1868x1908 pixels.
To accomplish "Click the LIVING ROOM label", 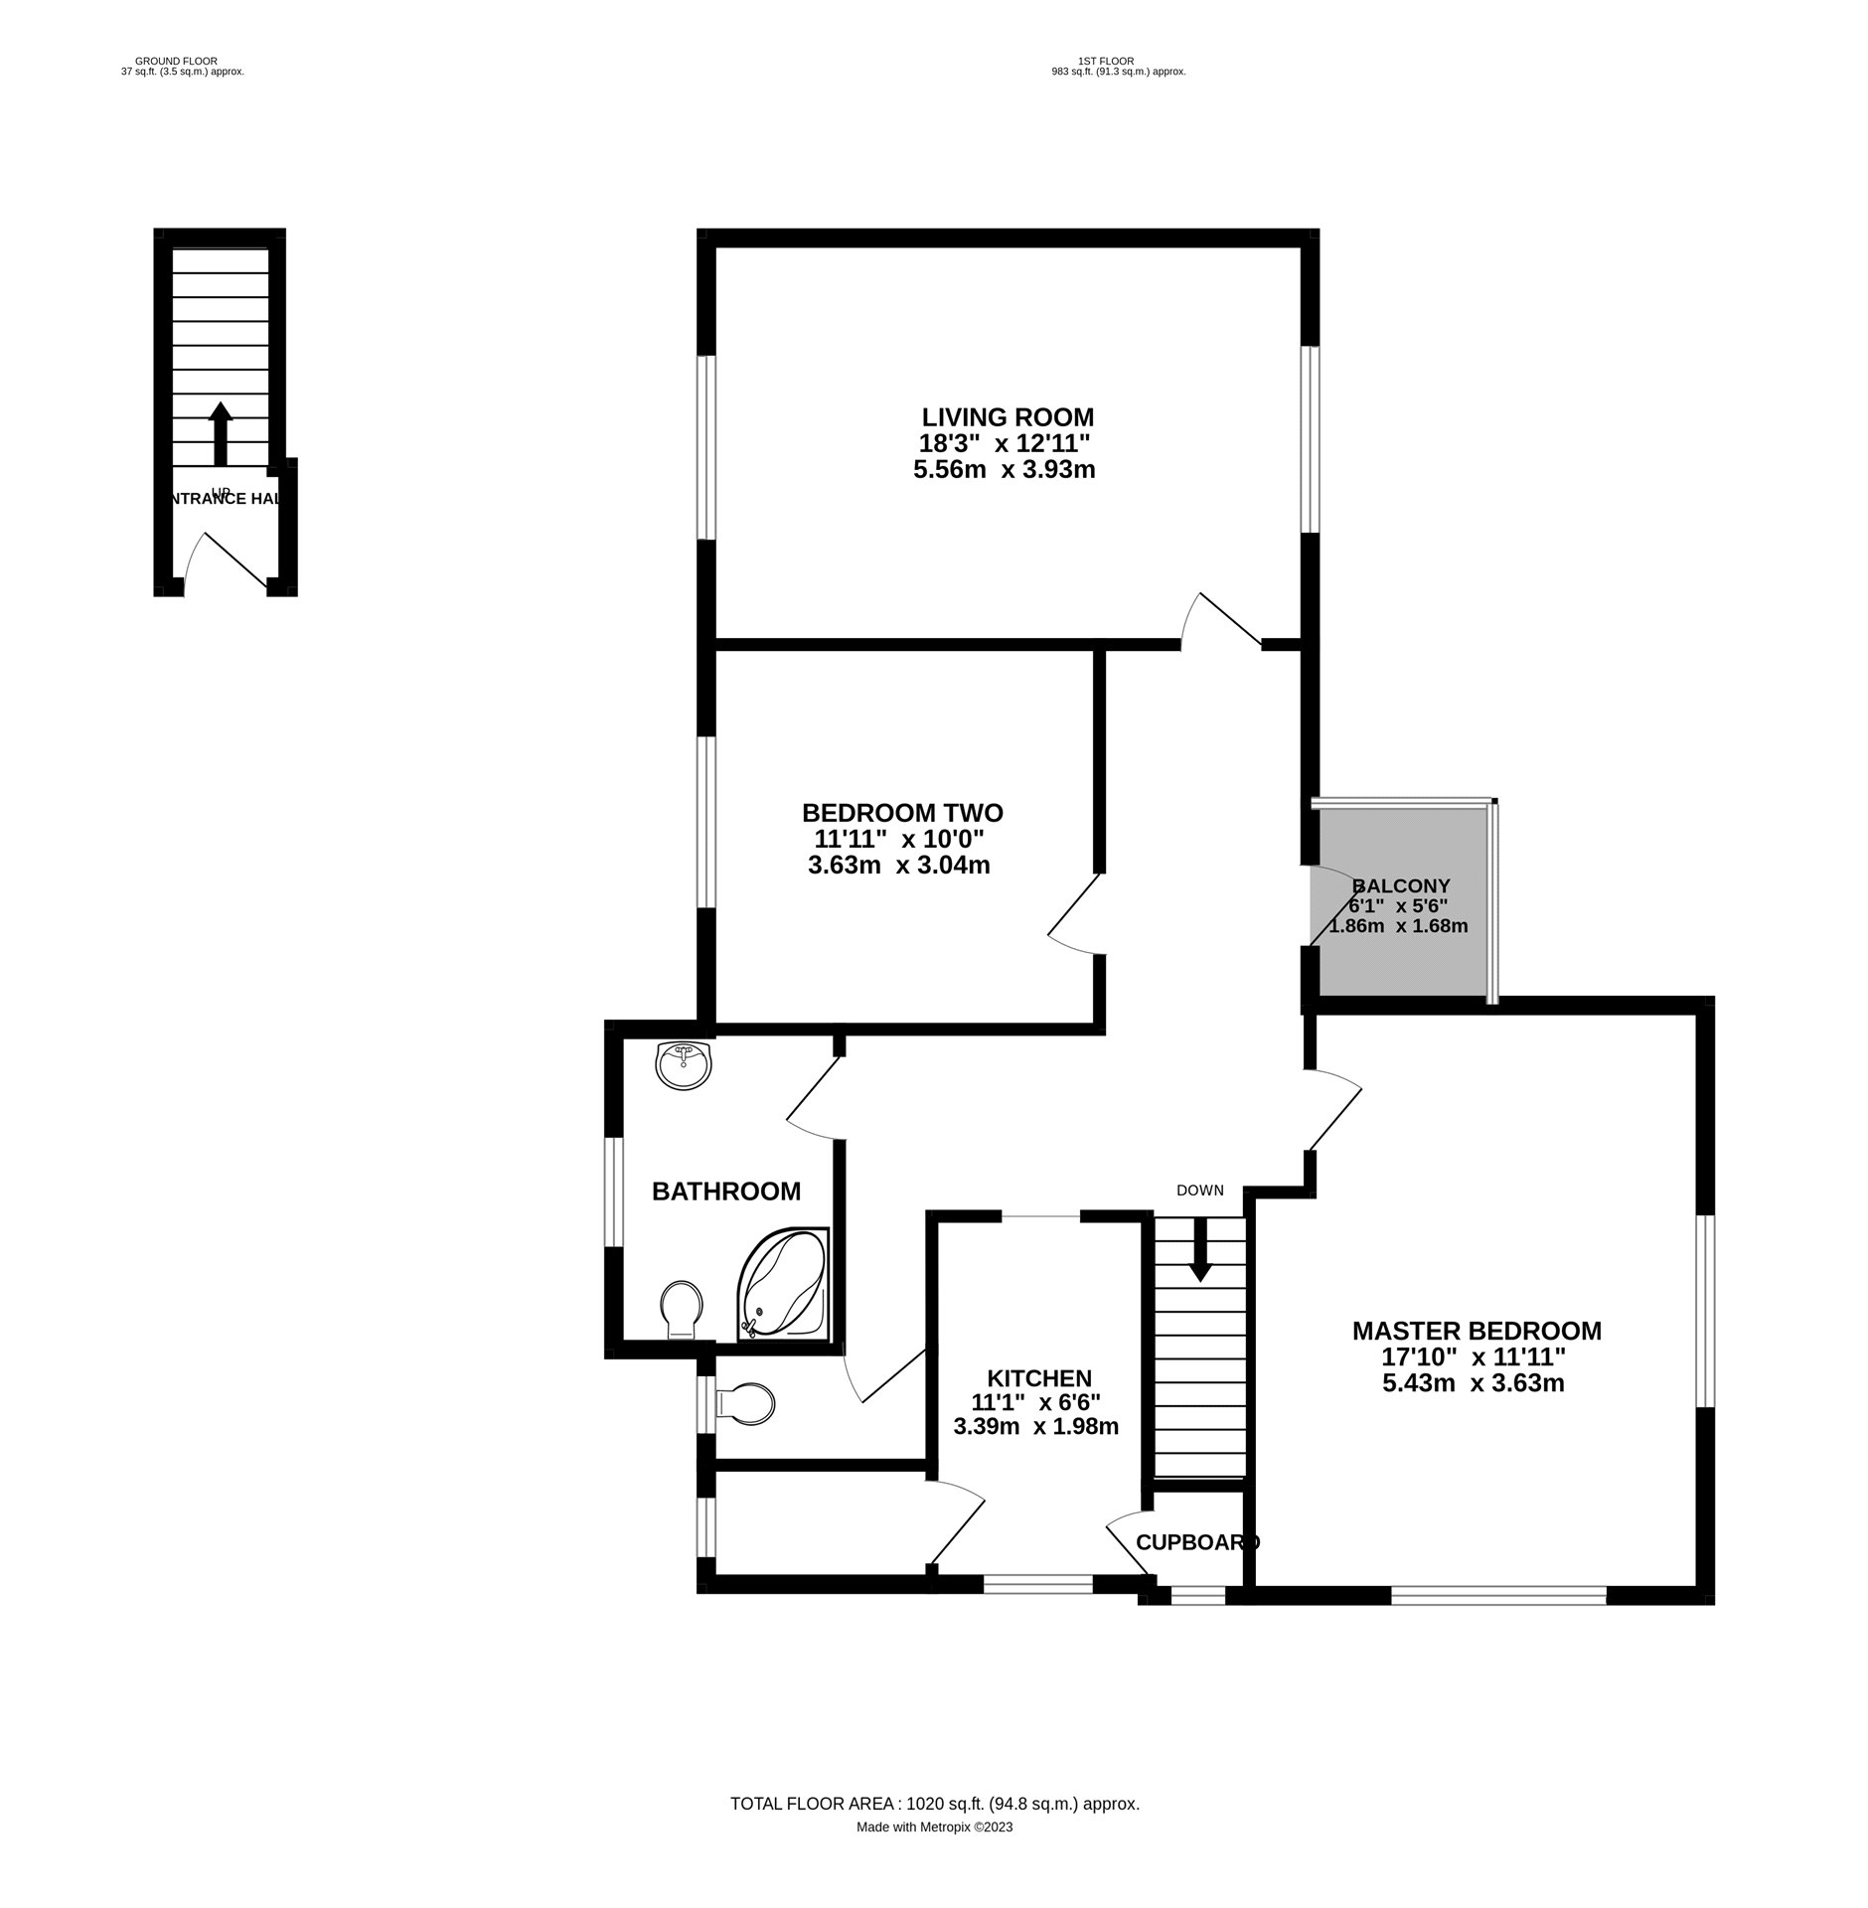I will [x=1007, y=416].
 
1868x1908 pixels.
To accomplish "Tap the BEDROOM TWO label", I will [x=901, y=812].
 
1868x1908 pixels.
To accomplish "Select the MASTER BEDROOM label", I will [x=1476, y=1330].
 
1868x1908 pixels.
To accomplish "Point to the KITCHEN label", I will [x=1038, y=1377].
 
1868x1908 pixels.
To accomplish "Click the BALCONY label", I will [x=1401, y=884].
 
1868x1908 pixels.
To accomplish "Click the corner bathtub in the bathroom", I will [x=783, y=1283].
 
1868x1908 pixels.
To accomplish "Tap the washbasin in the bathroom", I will [x=684, y=1065].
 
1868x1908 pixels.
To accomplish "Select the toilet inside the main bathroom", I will [x=682, y=1307].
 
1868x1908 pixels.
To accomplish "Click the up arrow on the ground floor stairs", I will [x=220, y=432].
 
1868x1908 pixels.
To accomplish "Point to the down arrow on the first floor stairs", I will [x=1200, y=1248].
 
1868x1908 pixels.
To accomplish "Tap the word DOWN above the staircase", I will [x=1199, y=1190].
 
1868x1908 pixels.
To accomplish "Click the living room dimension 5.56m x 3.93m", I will [x=1004, y=470].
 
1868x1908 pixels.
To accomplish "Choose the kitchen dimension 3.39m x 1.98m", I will [x=1035, y=1427].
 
